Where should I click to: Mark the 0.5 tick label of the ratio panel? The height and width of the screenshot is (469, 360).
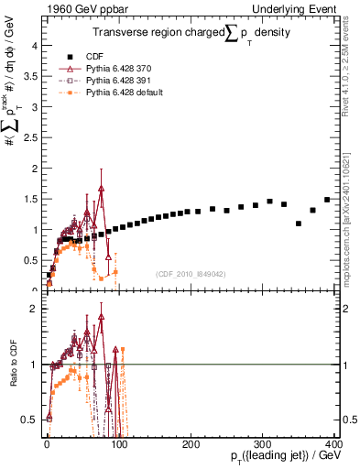(30, 420)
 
